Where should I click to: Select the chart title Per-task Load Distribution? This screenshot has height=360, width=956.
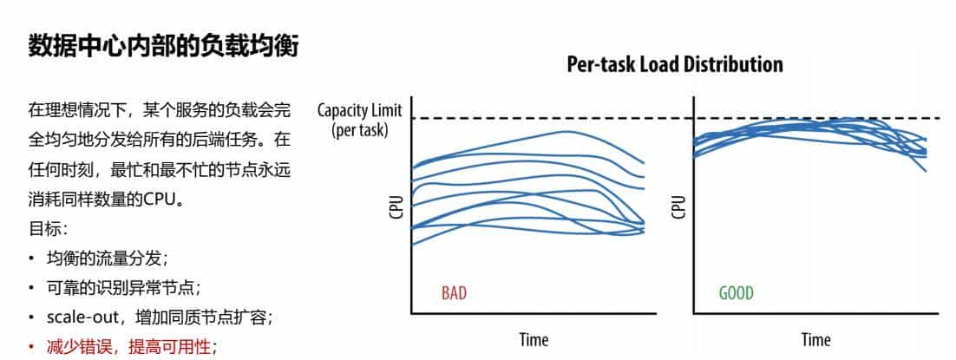[x=674, y=64]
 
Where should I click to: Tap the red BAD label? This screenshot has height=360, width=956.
[x=454, y=293]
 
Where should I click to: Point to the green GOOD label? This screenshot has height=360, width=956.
[x=736, y=293]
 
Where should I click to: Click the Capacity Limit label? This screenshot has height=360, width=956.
[x=359, y=111]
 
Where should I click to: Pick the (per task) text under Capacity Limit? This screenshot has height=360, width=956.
[x=359, y=129]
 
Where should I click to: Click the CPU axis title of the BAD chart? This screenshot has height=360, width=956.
[x=396, y=207]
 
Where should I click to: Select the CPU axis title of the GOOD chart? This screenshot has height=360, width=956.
[x=678, y=207]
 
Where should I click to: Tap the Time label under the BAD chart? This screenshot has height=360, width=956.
[x=534, y=339]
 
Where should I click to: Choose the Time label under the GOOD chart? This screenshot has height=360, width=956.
[x=815, y=339]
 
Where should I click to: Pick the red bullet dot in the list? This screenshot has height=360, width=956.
[x=32, y=347]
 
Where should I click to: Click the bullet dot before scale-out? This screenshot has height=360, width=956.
[x=32, y=317]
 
